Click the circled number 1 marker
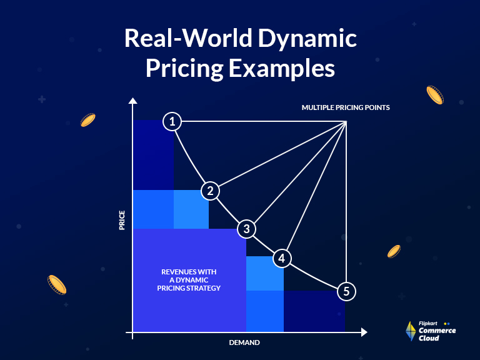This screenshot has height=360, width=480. pyautogui.click(x=172, y=121)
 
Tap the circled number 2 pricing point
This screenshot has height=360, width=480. pyautogui.click(x=211, y=191)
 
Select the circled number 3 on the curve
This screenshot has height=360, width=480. pyautogui.click(x=247, y=229)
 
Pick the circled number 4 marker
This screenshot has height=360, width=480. pyautogui.click(x=282, y=257)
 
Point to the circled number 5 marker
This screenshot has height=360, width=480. pyautogui.click(x=346, y=291)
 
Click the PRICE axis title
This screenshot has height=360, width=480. pyautogui.click(x=122, y=220)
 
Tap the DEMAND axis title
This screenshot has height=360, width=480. pyautogui.click(x=244, y=342)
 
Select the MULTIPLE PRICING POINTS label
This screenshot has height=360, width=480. pyautogui.click(x=346, y=107)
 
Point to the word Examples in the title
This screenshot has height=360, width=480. pyautogui.click(x=282, y=68)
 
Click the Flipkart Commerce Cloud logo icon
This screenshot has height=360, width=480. pyautogui.click(x=411, y=331)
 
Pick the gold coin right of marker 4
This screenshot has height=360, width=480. pyautogui.click(x=394, y=251)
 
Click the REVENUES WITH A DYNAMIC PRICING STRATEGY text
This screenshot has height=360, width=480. pyautogui.click(x=189, y=280)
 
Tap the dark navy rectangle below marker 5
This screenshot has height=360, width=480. pyautogui.click(x=314, y=311)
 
